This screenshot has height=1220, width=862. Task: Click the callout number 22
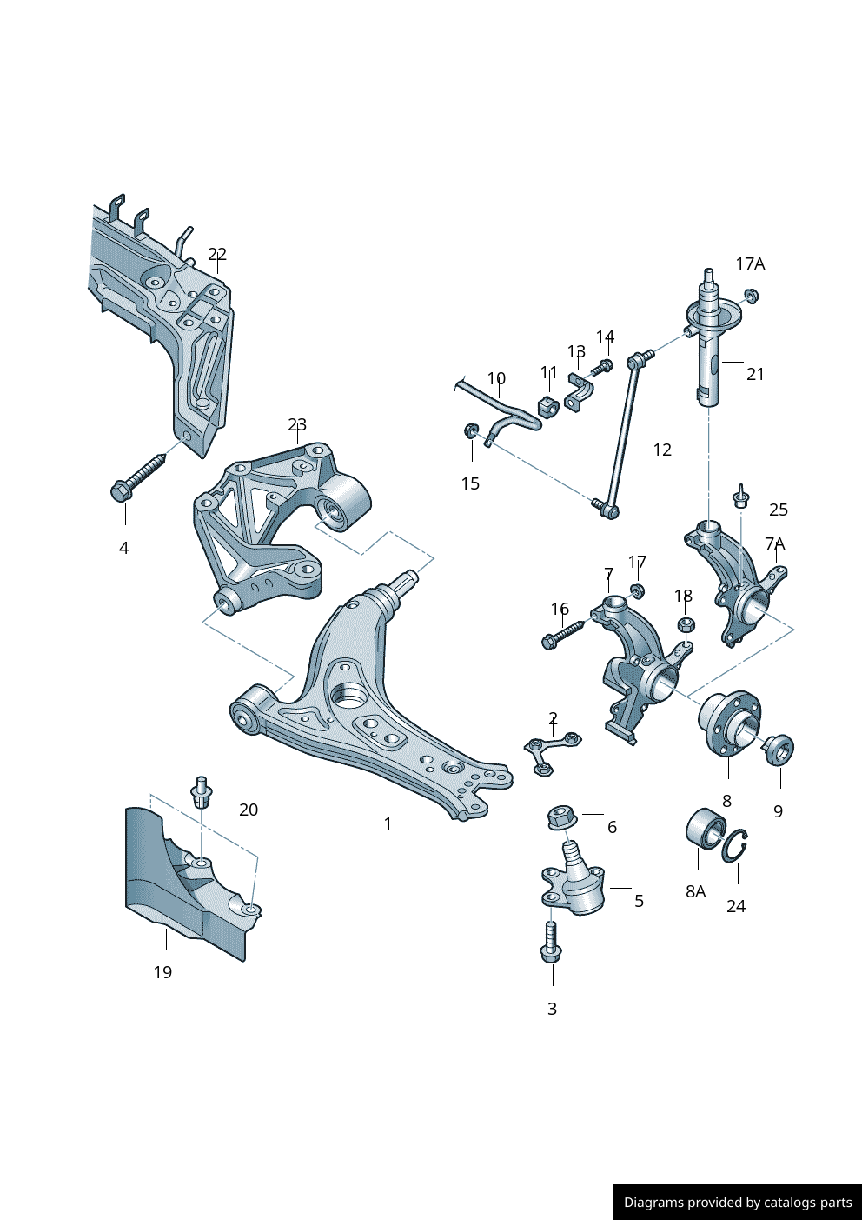tap(217, 254)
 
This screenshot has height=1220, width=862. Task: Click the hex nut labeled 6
tap(562, 817)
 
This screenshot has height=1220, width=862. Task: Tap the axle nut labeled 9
tap(779, 749)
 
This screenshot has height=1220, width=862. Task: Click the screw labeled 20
tap(202, 792)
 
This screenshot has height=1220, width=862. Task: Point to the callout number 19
tap(162, 972)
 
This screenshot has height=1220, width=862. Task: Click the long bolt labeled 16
tap(565, 632)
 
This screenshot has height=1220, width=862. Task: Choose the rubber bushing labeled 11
tap(548, 406)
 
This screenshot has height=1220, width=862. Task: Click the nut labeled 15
tap(471, 430)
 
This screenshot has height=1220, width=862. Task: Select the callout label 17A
tap(750, 263)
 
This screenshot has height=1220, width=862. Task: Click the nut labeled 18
tap(685, 625)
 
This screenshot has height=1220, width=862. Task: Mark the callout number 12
tap(662, 450)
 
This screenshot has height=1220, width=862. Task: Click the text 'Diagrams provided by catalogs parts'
tap(738, 1203)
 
